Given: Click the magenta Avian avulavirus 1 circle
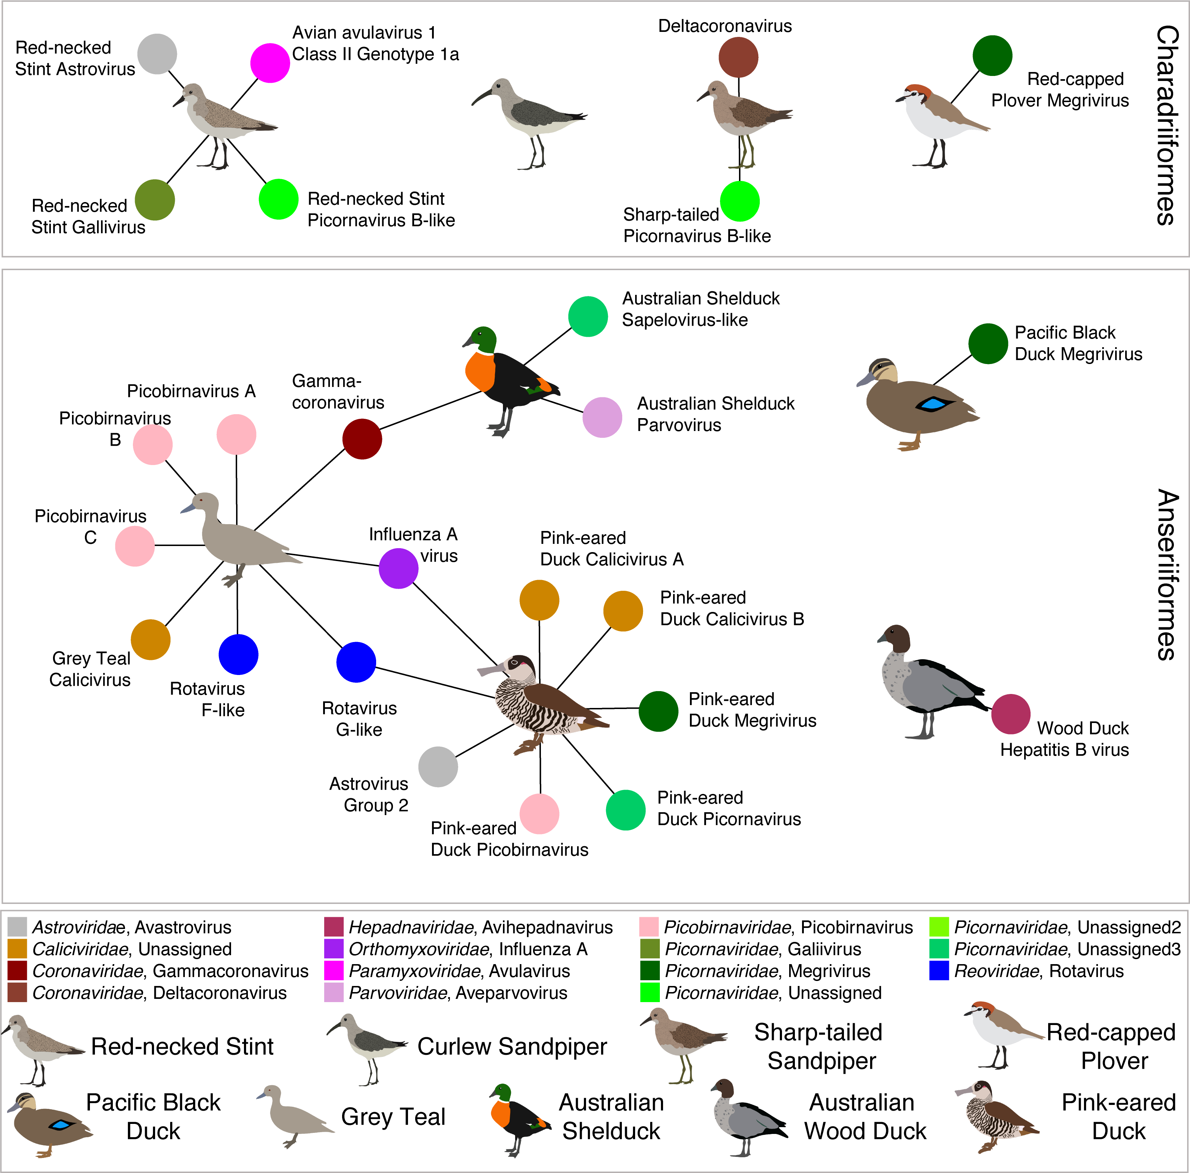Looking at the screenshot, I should click(x=270, y=63).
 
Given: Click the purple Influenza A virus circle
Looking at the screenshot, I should click(x=398, y=568).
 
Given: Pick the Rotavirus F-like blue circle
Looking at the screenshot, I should click(x=238, y=654).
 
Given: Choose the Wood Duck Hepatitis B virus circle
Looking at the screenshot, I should click(x=1011, y=714).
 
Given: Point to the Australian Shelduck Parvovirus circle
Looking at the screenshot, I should click(x=603, y=418).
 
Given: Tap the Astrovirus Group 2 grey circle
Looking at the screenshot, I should click(x=438, y=767).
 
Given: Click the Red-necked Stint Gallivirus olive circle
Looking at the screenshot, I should click(x=155, y=200).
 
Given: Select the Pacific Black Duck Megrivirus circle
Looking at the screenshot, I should click(x=988, y=344).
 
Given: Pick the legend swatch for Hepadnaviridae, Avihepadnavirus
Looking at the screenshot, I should click(x=333, y=927).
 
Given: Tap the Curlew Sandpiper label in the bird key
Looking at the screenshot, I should click(x=512, y=1047).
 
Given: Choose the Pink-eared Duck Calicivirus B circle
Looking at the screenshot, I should click(x=623, y=611).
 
